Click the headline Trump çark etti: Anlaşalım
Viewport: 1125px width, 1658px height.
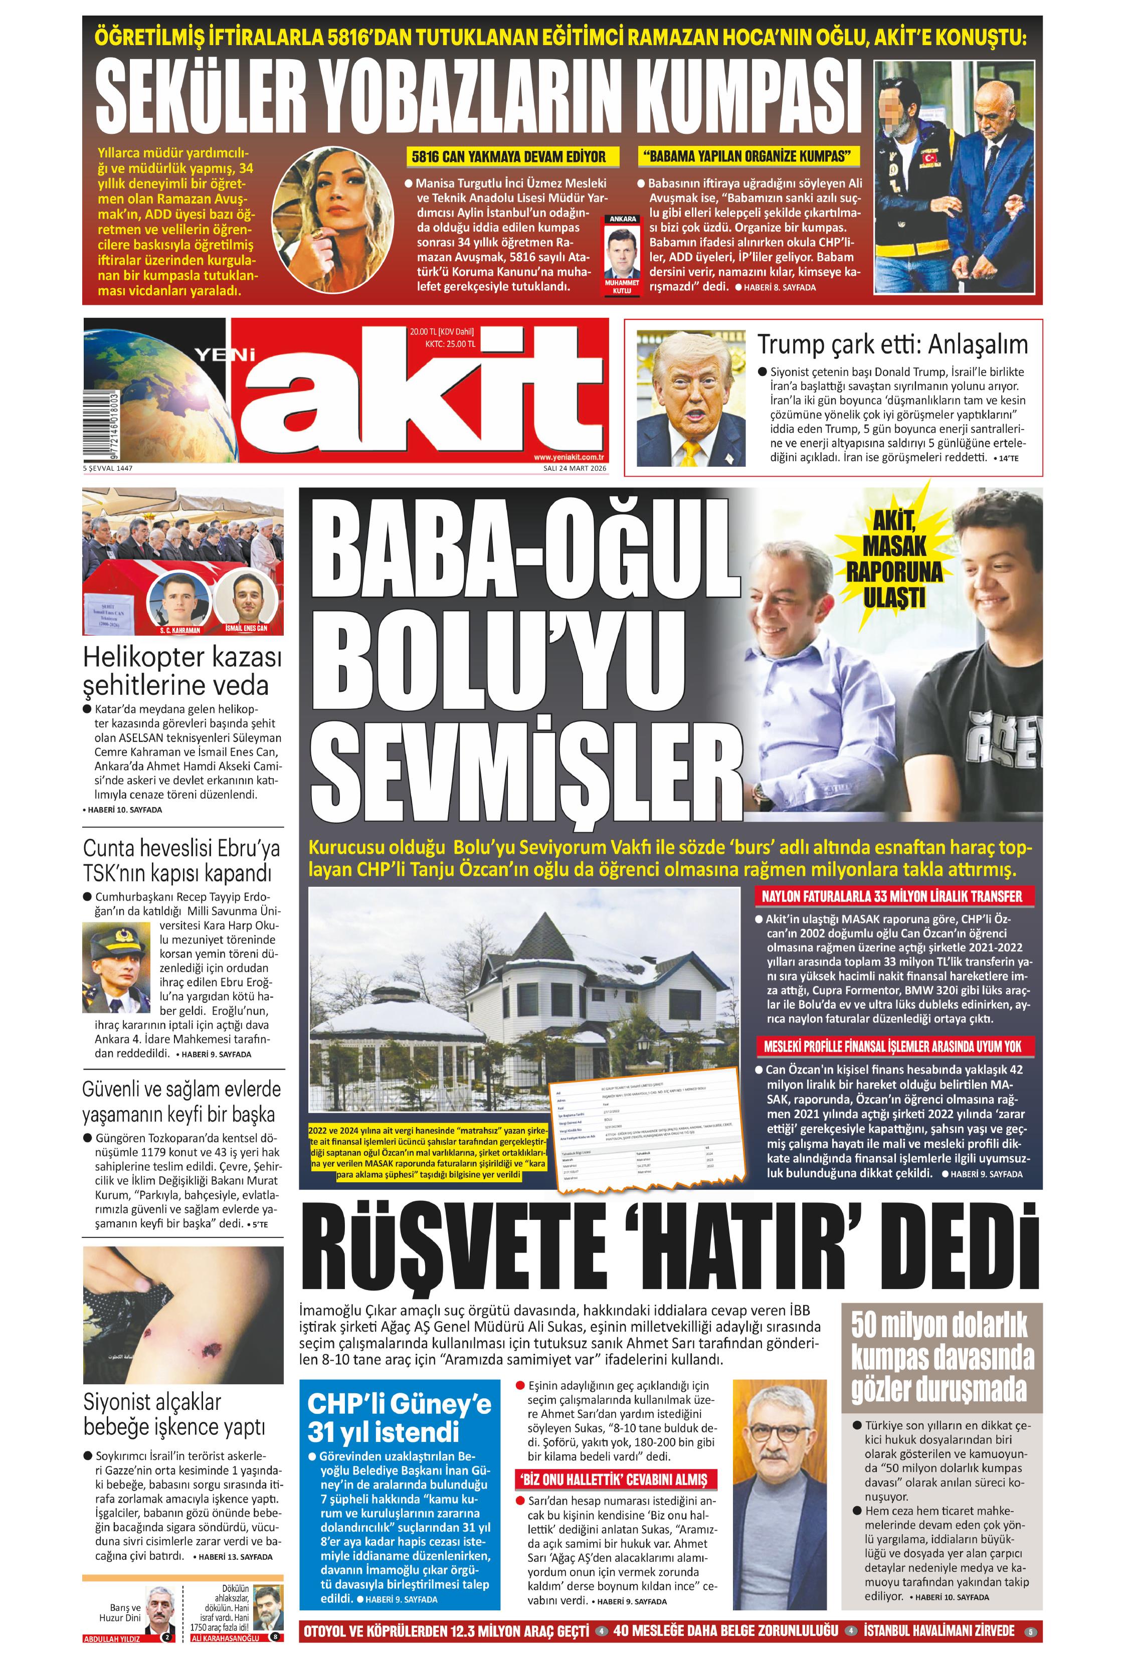coord(892,344)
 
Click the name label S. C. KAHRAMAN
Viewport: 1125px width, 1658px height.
coord(180,631)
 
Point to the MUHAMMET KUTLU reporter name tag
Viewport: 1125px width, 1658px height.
coord(621,286)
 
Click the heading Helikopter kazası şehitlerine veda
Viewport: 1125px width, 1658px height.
coord(182,671)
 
